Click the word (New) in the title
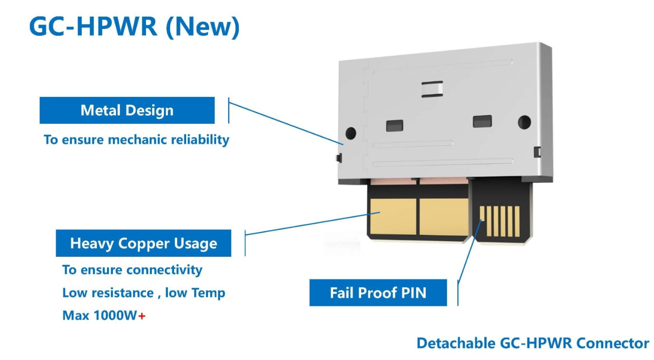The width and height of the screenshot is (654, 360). [203, 27]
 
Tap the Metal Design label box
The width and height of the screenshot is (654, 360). [127, 110]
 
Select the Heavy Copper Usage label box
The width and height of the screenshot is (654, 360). [143, 243]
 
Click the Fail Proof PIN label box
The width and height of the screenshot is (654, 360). [378, 293]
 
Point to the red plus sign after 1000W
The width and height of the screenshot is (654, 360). [142, 316]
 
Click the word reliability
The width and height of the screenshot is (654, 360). [200, 140]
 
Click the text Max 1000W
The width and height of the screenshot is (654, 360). [100, 316]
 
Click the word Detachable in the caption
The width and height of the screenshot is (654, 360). [456, 343]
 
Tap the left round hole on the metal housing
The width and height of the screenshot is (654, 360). [350, 133]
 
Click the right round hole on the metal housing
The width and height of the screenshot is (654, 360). [525, 122]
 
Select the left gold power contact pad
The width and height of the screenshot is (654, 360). [393, 217]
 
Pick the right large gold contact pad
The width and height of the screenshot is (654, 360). [444, 217]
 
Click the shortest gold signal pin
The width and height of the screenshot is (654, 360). [482, 213]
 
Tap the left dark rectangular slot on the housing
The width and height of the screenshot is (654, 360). [395, 126]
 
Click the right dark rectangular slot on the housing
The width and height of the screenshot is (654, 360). [482, 121]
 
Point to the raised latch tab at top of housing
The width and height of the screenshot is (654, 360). [432, 89]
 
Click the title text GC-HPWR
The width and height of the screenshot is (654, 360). [93, 27]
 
